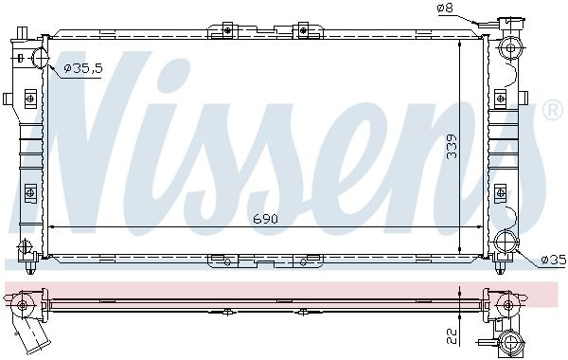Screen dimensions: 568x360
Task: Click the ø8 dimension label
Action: pos(445,8)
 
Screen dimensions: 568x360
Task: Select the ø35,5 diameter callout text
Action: pos(83,68)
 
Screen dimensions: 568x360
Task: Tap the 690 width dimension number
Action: pos(265,219)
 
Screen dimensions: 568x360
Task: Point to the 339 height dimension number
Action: pos(452,147)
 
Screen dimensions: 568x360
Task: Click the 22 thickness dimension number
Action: pos(453,335)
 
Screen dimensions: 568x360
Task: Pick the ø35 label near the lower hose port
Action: pos(554,260)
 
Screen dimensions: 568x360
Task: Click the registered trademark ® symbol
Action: pos(553,111)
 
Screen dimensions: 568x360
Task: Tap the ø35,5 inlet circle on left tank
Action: pos(40,58)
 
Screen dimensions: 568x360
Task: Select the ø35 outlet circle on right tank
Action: pos(506,242)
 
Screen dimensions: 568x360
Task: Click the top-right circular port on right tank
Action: pos(510,48)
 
